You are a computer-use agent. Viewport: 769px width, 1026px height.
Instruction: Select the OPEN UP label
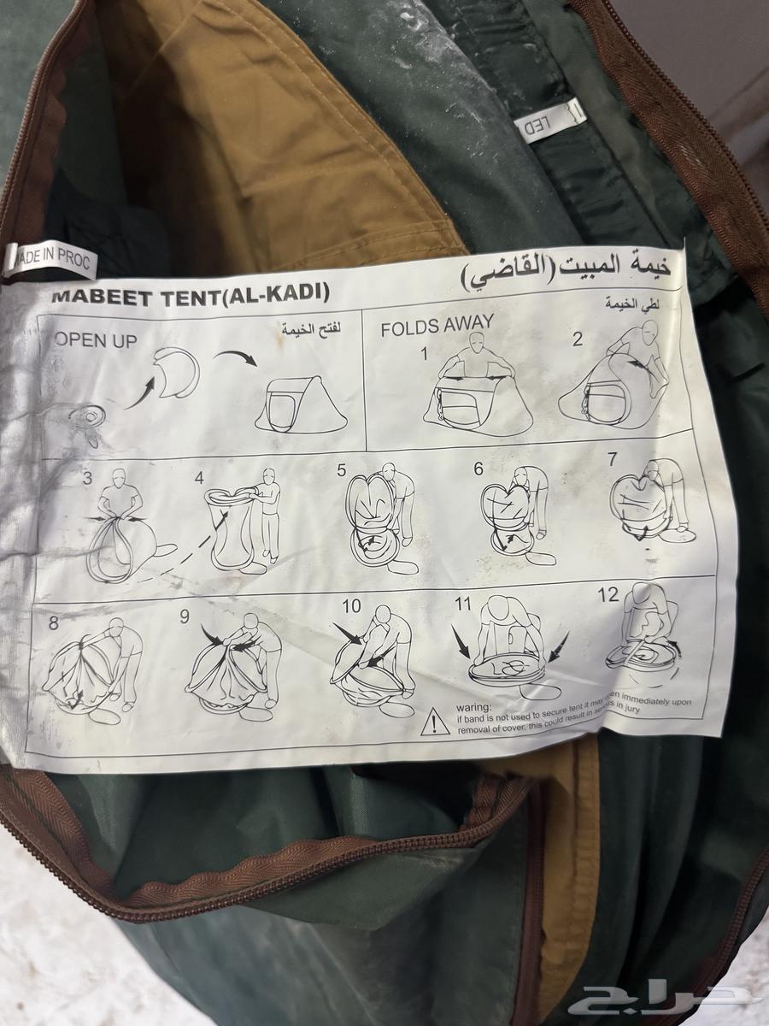(96, 340)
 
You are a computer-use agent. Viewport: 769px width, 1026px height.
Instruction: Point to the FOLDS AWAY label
(437, 327)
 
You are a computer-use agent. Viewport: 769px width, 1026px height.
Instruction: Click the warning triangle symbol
(435, 722)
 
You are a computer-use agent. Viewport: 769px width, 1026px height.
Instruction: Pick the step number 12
(608, 596)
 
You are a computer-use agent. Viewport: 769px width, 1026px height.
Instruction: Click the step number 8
(54, 623)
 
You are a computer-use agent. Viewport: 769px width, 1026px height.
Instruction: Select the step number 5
(341, 469)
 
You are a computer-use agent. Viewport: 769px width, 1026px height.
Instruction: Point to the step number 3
(87, 479)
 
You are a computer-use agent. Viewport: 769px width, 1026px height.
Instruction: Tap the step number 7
(612, 459)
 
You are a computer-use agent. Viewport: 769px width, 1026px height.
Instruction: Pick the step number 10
(351, 606)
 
